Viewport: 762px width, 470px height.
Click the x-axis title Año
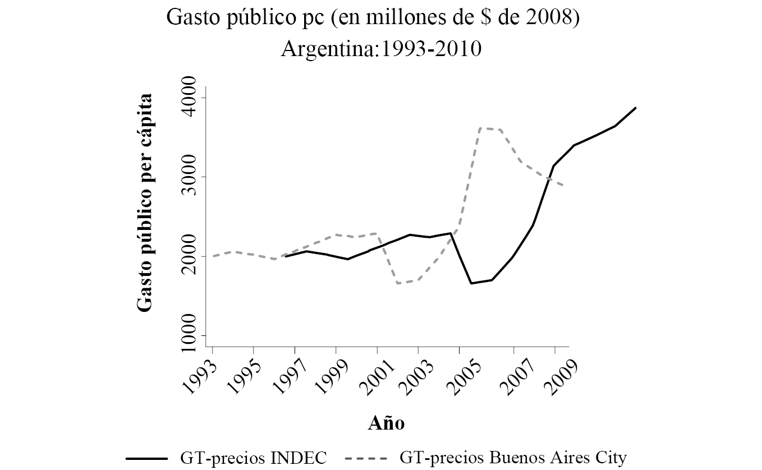387,423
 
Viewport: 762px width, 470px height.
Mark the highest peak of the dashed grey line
481,128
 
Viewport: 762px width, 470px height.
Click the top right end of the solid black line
635,108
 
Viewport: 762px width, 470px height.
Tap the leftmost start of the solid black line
286,256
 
